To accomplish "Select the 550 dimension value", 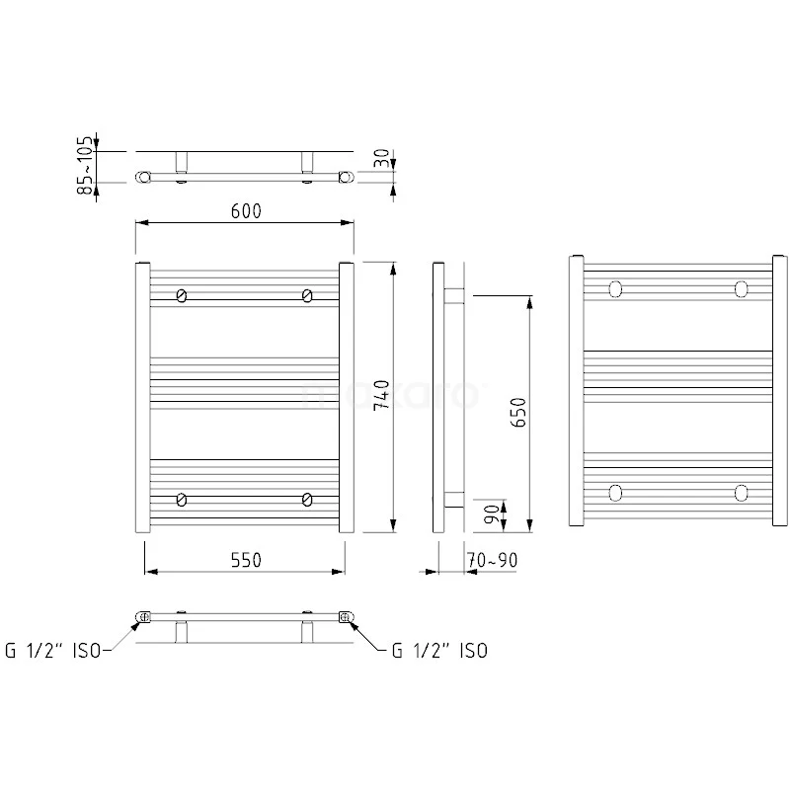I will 245,560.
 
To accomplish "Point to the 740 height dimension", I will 380,395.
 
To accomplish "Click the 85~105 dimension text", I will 88,165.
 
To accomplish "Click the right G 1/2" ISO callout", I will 438,650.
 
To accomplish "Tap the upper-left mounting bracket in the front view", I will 182,295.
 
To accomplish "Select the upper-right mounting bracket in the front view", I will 308,295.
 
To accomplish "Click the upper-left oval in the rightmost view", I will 616,288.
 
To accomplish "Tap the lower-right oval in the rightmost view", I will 741,492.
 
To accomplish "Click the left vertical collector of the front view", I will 140,397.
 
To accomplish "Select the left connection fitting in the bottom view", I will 142,618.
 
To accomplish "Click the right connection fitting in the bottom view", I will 346,618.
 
